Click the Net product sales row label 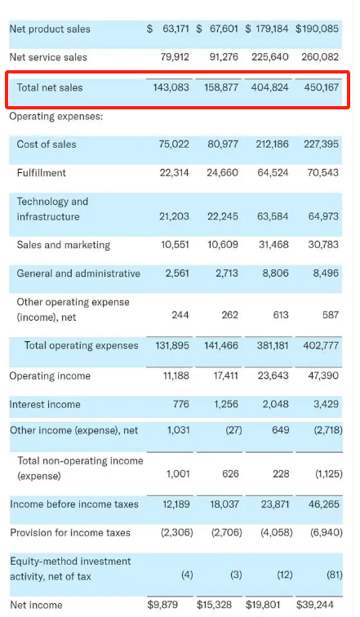[x=50, y=29]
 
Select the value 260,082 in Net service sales [x=320, y=57]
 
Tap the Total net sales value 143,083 [x=171, y=87]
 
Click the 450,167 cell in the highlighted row [x=321, y=87]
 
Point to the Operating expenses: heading [x=56, y=117]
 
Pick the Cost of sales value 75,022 [x=174, y=144]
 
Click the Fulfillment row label [x=42, y=173]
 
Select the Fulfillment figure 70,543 [x=322, y=173]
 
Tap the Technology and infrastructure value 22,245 [x=223, y=216]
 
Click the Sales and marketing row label [x=64, y=245]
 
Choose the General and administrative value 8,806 [x=275, y=273]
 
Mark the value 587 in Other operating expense [x=331, y=315]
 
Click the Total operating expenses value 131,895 [x=172, y=346]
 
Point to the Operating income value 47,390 [x=323, y=375]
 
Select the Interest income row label [x=45, y=405]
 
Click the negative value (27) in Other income [x=233, y=430]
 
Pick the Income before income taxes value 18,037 [x=224, y=504]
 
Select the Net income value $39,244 [x=315, y=605]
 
